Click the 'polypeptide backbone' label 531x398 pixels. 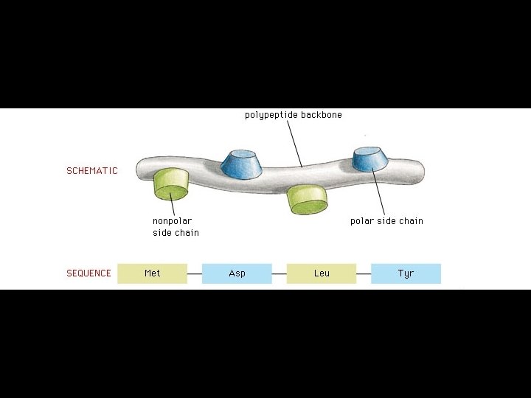pos(293,115)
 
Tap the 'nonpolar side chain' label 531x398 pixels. pos(176,226)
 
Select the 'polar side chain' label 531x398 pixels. pos(386,220)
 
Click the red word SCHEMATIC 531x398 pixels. pos(91,171)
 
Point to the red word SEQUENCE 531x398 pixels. pos(88,273)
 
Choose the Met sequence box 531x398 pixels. pos(152,273)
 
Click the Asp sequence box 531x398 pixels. pos(237,273)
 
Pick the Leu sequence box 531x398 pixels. pos(322,273)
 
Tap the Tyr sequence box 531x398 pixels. pos(406,273)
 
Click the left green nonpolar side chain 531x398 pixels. pos(171,184)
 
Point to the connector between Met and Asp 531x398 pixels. pos(195,274)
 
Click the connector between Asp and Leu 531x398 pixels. pos(279,274)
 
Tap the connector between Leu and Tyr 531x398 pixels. pos(364,274)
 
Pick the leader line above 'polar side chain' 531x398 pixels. pos(379,192)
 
